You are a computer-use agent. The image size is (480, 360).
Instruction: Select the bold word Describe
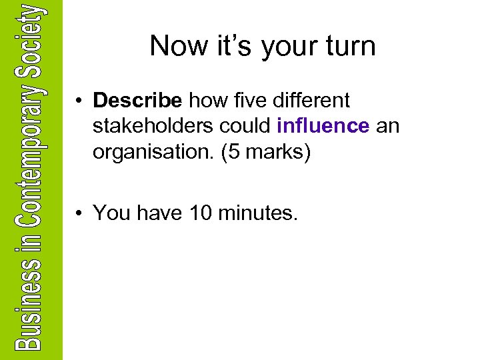tap(138, 101)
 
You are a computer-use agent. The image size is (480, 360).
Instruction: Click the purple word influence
tap(323, 126)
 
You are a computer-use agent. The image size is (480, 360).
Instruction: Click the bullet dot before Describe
tap(79, 101)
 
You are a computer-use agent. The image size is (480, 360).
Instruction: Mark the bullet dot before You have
tap(79, 213)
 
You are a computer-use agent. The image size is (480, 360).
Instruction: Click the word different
tap(307, 101)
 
